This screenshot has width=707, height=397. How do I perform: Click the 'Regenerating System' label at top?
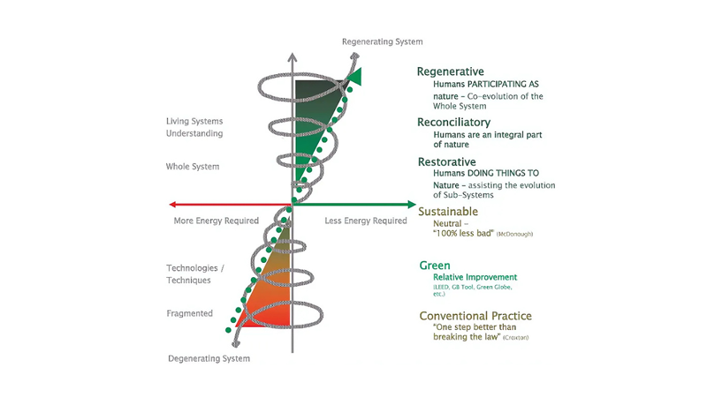[x=383, y=41]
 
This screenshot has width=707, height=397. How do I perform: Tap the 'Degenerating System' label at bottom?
[x=209, y=358]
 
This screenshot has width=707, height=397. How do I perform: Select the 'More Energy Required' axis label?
[x=216, y=221]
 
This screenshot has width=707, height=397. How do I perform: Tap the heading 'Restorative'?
[x=449, y=161]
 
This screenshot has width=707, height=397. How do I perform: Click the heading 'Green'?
[x=435, y=265]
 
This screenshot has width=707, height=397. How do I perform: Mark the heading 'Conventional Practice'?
[x=475, y=315]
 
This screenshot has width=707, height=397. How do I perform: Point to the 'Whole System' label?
[x=193, y=166]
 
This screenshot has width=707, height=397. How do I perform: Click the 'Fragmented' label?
[x=189, y=313]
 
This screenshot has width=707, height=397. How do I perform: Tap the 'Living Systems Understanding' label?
[x=194, y=127]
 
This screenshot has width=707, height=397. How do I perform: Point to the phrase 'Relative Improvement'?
[x=475, y=277]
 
